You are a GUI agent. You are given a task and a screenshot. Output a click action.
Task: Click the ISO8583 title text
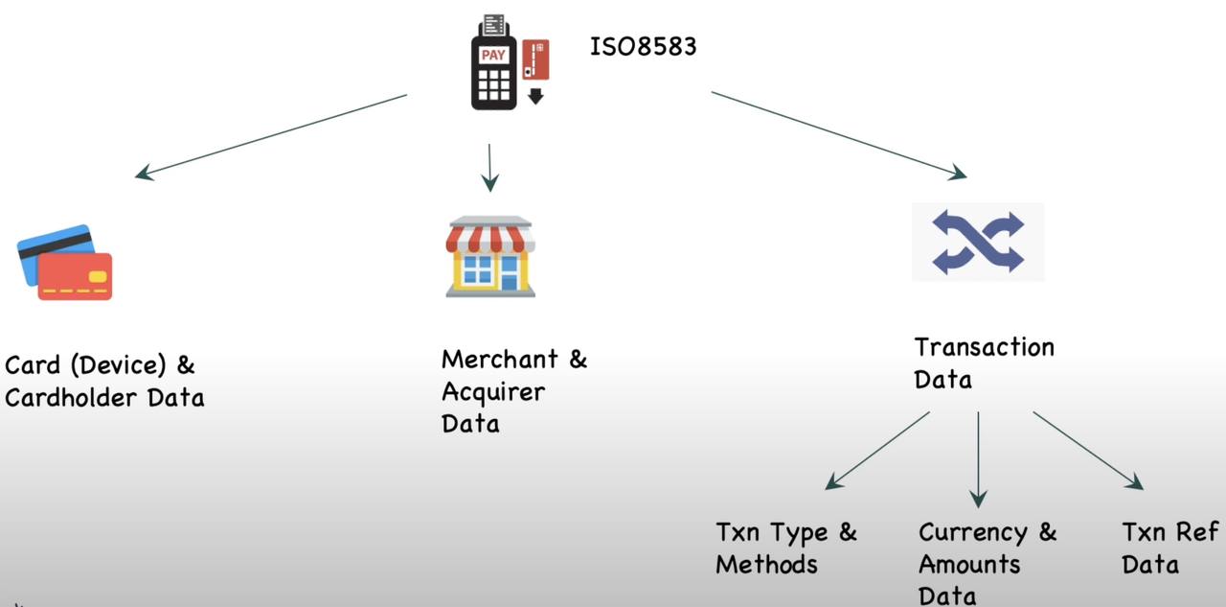click(x=642, y=45)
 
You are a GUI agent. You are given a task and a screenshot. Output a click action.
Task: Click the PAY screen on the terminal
click(x=493, y=55)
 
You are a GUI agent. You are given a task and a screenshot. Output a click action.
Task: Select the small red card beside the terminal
click(x=535, y=59)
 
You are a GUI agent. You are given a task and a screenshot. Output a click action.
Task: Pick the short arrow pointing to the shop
click(x=489, y=168)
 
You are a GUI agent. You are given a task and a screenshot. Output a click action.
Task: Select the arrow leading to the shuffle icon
click(x=838, y=135)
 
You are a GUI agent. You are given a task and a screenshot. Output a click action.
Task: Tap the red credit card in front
click(x=76, y=276)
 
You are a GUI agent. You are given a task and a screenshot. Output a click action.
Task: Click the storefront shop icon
click(x=489, y=256)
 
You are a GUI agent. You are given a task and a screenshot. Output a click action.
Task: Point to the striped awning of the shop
click(x=489, y=235)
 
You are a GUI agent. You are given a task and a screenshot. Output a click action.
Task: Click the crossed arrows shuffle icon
click(x=977, y=242)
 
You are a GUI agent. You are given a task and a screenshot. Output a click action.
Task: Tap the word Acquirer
click(x=492, y=392)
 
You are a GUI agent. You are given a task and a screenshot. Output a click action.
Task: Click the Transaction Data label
click(x=984, y=362)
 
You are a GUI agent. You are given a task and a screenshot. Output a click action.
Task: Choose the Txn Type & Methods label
click(x=785, y=548)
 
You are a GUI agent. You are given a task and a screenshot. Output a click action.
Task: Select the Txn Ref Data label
click(x=1169, y=548)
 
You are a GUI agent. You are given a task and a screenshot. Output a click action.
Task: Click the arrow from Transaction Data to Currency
click(x=978, y=458)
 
